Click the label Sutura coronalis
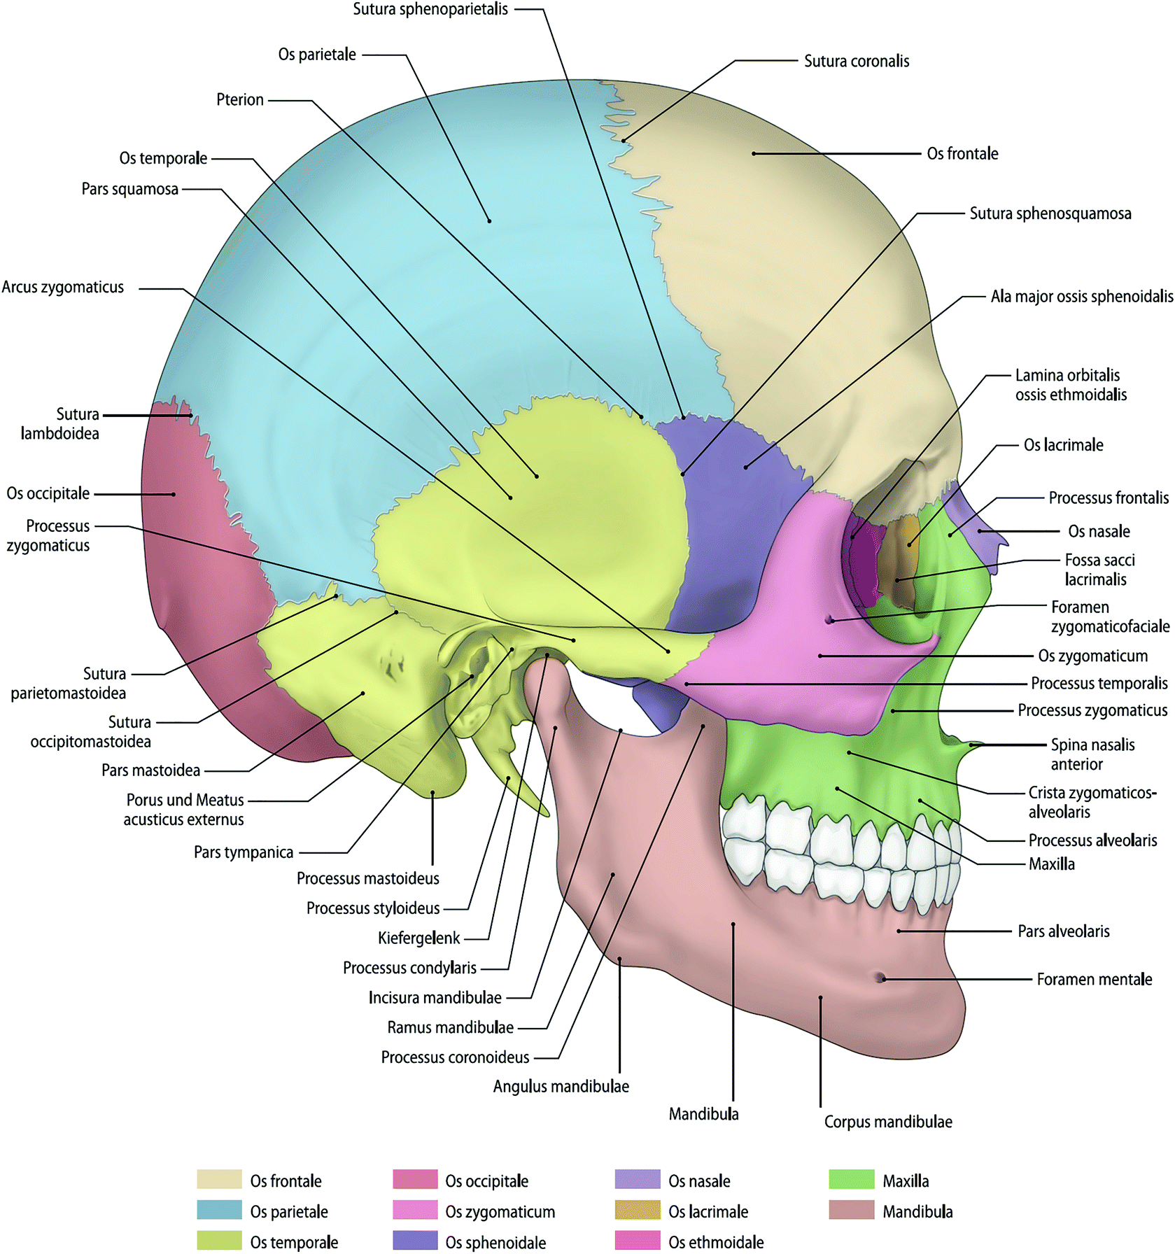coord(856,62)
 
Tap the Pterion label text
coord(239,100)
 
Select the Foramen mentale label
coord(1094,980)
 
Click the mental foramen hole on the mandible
coord(880,978)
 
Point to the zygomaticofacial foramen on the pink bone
coord(830,620)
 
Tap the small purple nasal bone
coord(987,535)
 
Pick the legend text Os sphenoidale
coord(495,1243)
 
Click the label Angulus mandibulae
coord(561,1087)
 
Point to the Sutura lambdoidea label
coord(60,424)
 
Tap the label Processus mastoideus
coord(367,879)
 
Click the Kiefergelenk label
coord(418,938)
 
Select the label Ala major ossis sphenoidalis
coord(1081,297)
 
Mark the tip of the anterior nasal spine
coord(980,745)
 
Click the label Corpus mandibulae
coord(887,1122)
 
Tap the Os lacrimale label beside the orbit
coord(1063,445)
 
